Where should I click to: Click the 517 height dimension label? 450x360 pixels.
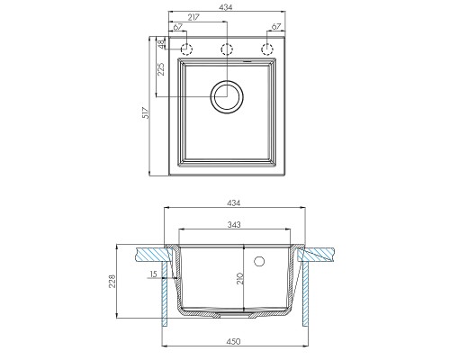[x=146, y=112]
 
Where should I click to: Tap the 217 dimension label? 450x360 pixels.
[x=193, y=17]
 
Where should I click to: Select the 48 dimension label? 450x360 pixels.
[x=161, y=43]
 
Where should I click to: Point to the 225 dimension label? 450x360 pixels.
[x=161, y=69]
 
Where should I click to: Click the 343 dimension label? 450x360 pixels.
[x=234, y=224]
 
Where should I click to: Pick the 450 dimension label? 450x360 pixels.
[x=233, y=341]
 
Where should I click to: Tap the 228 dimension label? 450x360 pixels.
[x=112, y=281]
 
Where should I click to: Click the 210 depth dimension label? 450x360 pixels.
[x=239, y=279]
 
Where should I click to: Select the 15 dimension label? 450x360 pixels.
[x=153, y=274]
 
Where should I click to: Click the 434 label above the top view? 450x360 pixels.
[x=226, y=7]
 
